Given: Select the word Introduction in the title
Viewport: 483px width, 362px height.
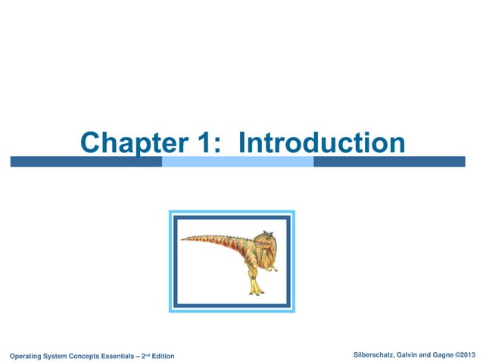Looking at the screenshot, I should (321, 142).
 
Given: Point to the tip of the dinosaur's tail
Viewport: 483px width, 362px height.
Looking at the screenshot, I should (182, 241).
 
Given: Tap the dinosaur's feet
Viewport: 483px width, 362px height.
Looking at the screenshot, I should (257, 291).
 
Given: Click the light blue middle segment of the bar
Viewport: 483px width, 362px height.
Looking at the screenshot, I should (238, 161).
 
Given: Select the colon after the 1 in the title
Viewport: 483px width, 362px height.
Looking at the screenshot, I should (216, 144).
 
